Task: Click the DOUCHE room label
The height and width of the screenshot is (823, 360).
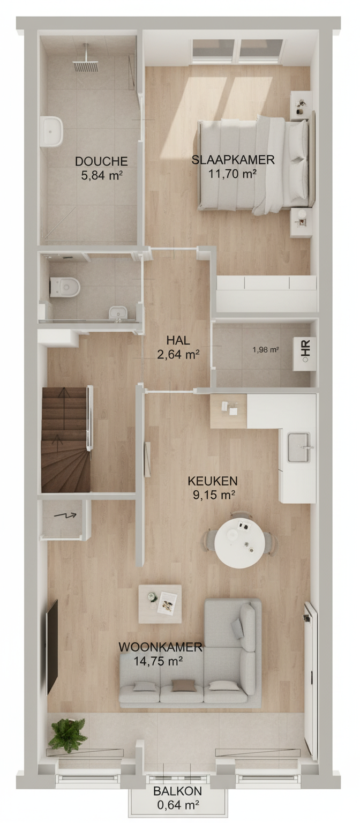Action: click(101, 161)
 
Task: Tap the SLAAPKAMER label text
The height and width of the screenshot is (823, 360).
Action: click(233, 160)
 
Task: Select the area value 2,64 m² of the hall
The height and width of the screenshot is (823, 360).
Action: click(178, 354)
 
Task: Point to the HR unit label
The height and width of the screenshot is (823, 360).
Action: click(307, 348)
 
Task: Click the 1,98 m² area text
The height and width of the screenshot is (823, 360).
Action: click(265, 349)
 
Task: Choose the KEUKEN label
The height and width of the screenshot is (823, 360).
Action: click(213, 481)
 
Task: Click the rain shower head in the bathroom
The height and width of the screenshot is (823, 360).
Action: click(85, 66)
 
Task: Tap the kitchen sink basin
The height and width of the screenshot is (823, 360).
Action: click(299, 447)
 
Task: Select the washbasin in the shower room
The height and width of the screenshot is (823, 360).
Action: click(52, 132)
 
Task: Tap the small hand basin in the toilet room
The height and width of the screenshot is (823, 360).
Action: click(118, 313)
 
